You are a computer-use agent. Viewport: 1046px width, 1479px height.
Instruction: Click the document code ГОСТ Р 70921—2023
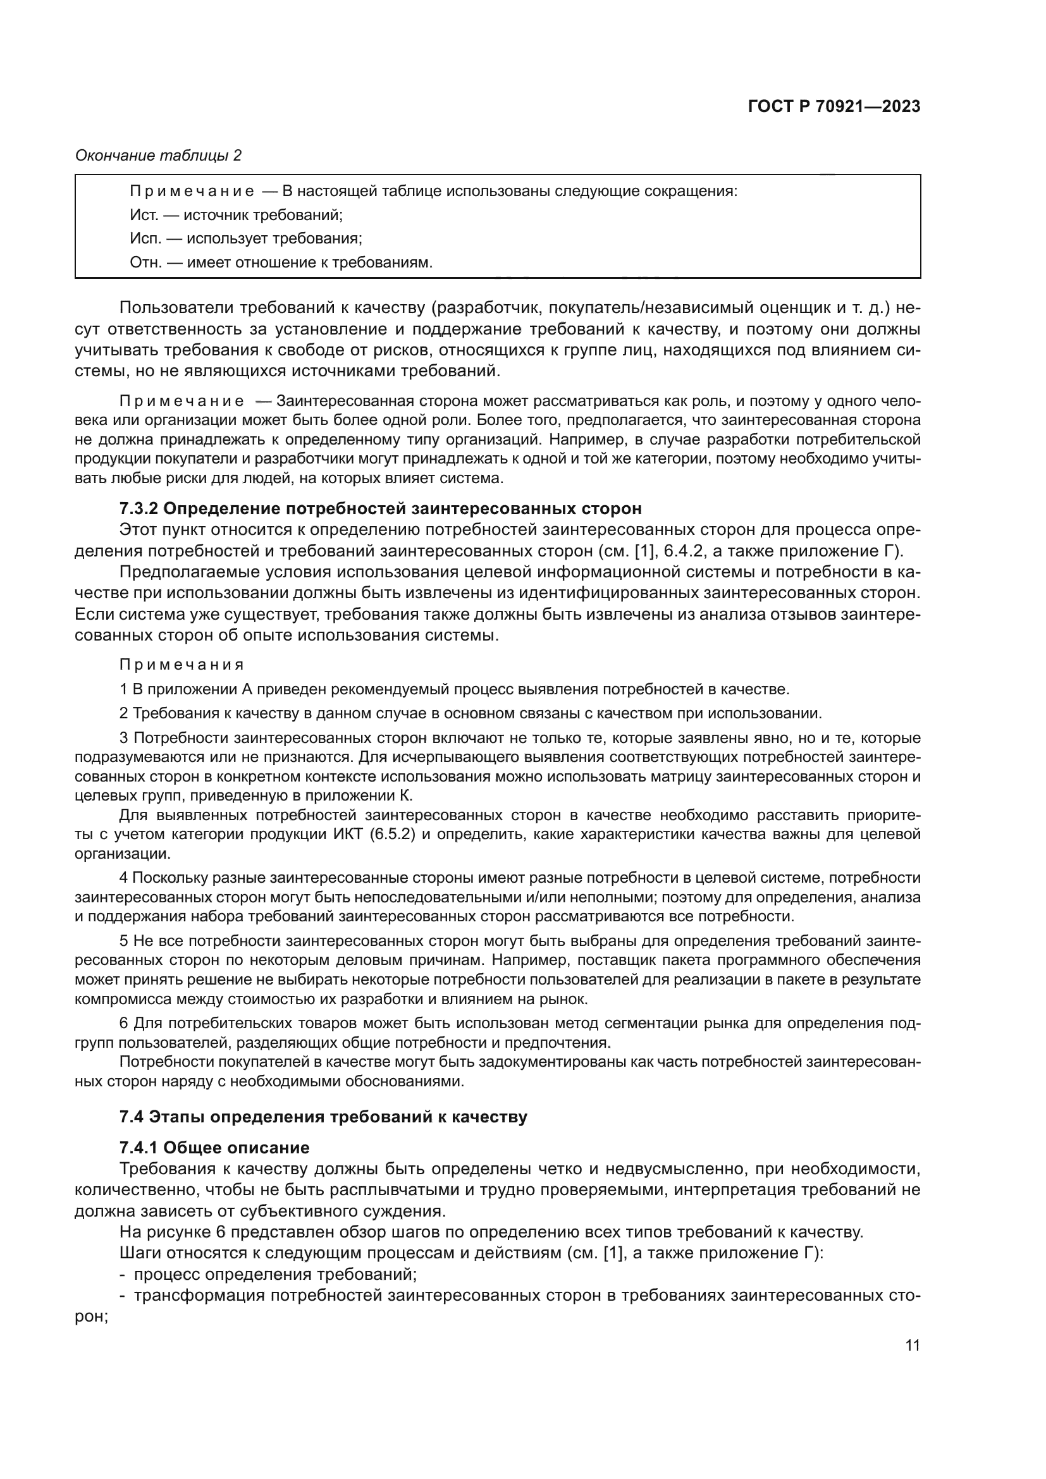click(834, 107)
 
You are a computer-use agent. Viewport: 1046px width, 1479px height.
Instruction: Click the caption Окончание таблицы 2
click(159, 156)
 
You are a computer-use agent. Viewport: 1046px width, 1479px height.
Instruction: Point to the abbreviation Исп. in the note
click(144, 239)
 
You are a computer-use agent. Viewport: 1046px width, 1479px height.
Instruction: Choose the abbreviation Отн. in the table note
click(144, 263)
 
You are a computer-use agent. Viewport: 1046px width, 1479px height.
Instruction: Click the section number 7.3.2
click(138, 509)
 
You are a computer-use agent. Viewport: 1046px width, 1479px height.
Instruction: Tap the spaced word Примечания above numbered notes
click(182, 665)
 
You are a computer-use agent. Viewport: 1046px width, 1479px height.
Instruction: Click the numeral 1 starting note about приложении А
click(124, 689)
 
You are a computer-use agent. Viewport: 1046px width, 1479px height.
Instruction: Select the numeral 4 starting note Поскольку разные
click(124, 878)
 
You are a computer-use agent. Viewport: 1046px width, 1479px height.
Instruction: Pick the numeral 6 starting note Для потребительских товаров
click(124, 1024)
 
